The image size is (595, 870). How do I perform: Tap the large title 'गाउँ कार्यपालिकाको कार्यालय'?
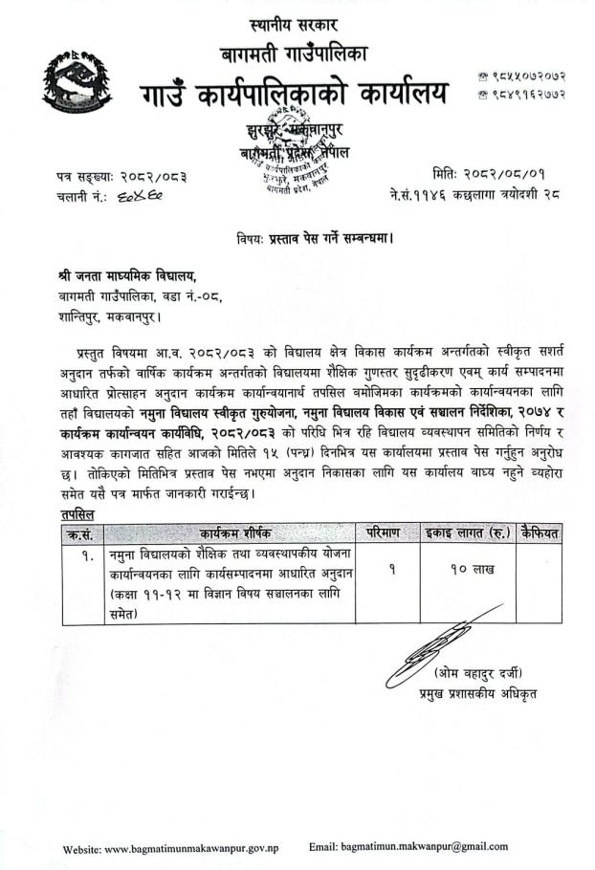294,97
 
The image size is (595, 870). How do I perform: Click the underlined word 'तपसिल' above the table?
75,514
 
